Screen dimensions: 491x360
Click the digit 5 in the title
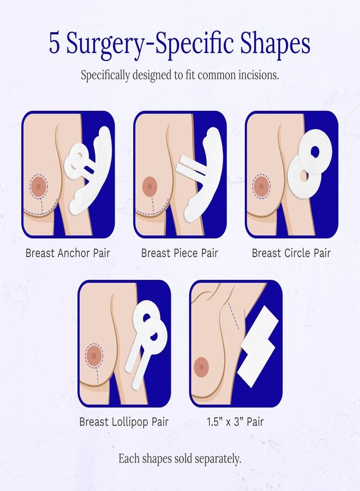pyautogui.click(x=55, y=44)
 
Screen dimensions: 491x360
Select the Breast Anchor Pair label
pyautogui.click(x=68, y=253)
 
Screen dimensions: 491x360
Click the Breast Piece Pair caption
pyautogui.click(x=179, y=253)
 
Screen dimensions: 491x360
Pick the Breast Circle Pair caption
pyautogui.click(x=291, y=253)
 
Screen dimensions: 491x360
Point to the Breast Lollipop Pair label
pyautogui.click(x=124, y=422)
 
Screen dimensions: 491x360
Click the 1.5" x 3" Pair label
pyautogui.click(x=236, y=422)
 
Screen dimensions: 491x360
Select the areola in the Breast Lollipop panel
pyautogui.click(x=95, y=356)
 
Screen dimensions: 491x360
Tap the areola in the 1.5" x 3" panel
pyautogui.click(x=202, y=366)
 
